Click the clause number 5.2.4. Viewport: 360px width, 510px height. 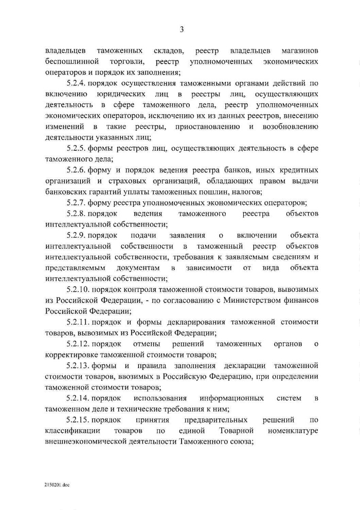(x=78, y=83)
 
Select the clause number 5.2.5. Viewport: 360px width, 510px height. (x=78, y=148)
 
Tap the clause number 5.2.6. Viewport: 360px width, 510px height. (x=78, y=170)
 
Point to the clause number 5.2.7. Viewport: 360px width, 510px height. (x=78, y=202)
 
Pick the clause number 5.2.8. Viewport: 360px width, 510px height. (x=78, y=213)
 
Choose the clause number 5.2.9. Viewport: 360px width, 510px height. (x=78, y=235)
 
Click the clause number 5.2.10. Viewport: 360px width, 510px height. (x=79, y=289)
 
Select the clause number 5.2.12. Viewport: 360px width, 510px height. (x=79, y=344)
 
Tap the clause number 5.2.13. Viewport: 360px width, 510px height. (x=79, y=365)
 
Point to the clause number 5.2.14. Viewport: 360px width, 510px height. (x=79, y=398)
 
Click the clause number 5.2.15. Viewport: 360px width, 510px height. (x=79, y=420)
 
